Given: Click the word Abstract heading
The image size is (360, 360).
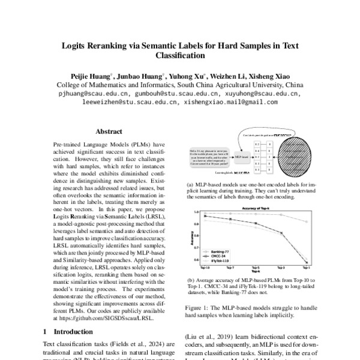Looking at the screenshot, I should [109, 131].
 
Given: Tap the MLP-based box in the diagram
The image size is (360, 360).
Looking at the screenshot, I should [241, 157].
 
